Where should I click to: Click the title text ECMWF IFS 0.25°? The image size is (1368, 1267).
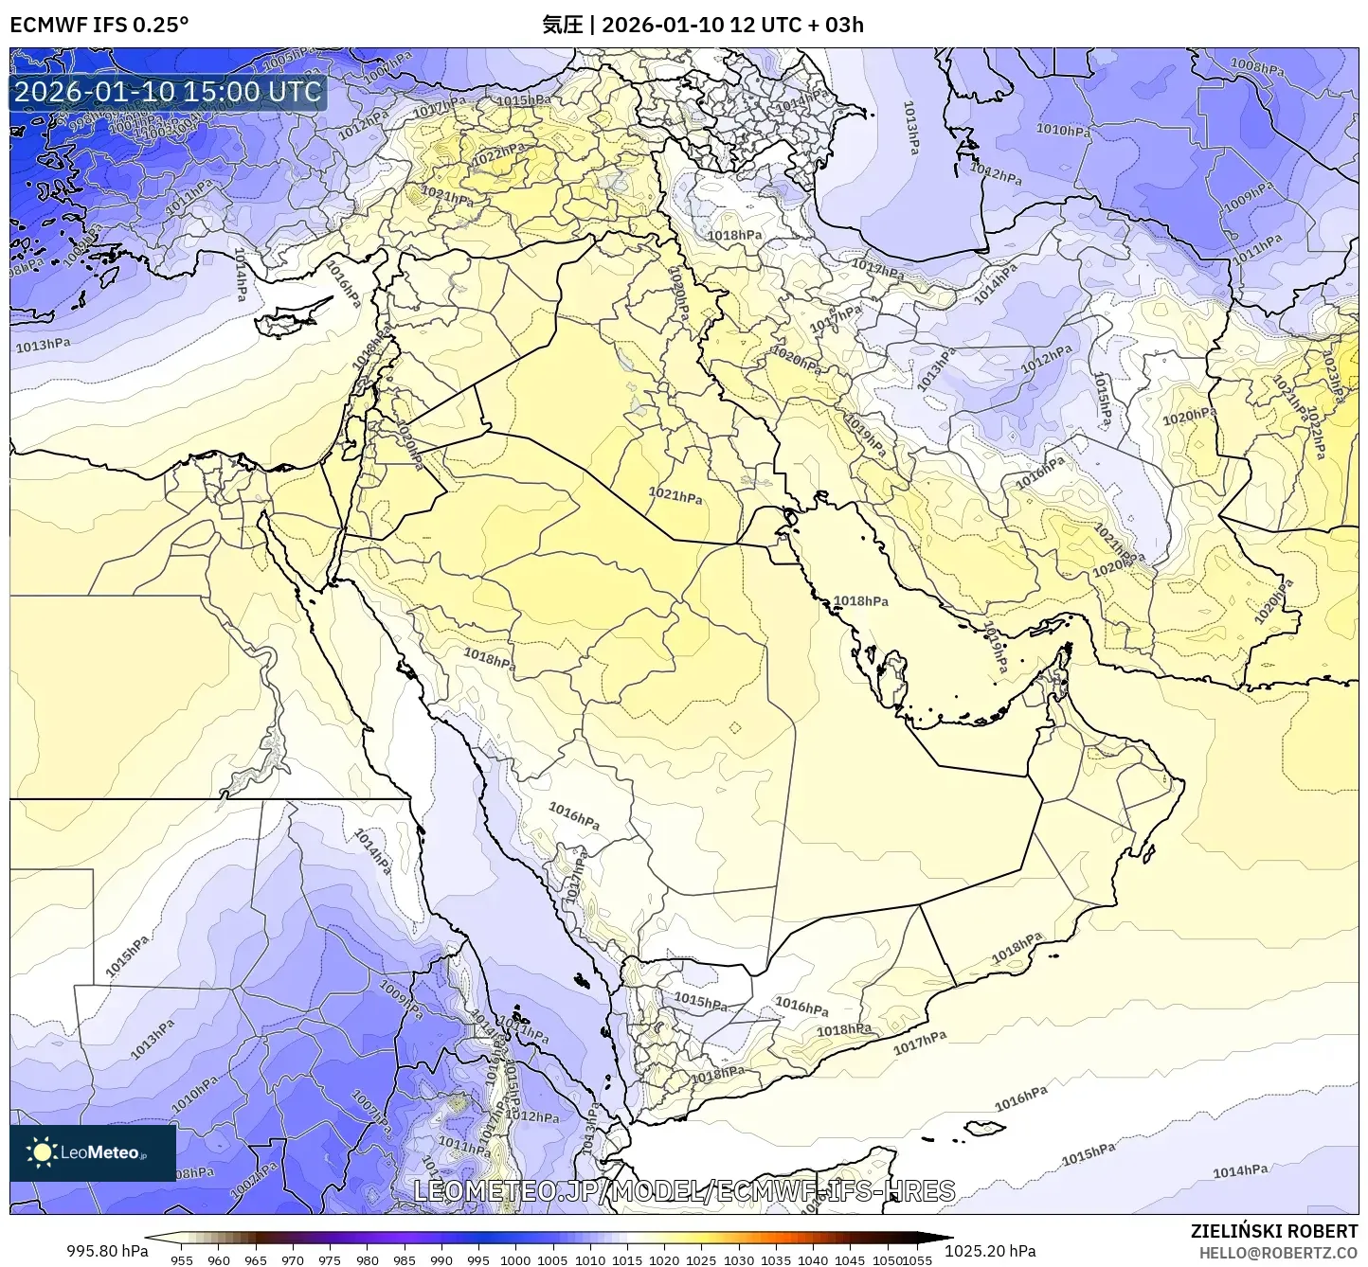[99, 25]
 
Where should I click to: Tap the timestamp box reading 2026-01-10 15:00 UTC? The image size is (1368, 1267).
[168, 92]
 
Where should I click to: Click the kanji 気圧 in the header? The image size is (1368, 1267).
[562, 25]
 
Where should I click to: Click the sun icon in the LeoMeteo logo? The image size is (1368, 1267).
[42, 1151]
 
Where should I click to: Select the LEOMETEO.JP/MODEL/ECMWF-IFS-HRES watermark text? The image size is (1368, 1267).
[684, 1190]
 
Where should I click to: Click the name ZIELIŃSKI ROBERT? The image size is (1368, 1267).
[1273, 1231]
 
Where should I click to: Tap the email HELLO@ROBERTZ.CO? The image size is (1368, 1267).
[1278, 1253]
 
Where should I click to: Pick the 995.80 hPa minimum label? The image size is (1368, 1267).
[107, 1251]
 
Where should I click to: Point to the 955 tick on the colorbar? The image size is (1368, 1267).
[182, 1260]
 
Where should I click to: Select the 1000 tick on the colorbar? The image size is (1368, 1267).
[515, 1260]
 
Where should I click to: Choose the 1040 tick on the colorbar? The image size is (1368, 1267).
[813, 1260]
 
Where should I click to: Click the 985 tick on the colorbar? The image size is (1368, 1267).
[405, 1260]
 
